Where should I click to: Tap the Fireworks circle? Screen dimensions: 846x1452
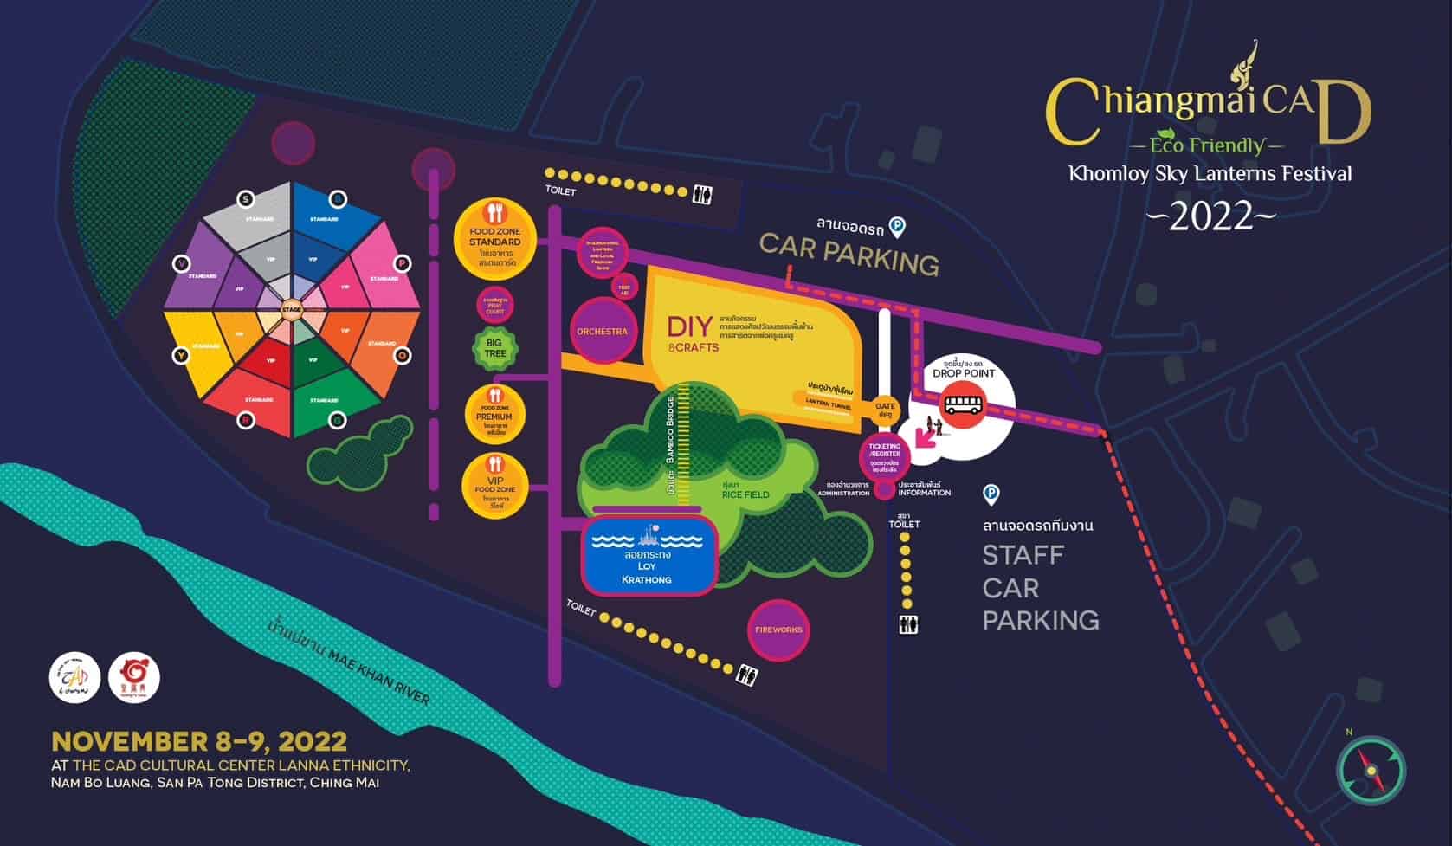(x=778, y=630)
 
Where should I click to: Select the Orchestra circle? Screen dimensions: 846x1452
(x=603, y=331)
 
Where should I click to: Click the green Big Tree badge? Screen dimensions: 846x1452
(x=494, y=348)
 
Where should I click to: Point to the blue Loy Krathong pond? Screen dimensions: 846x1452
(x=647, y=555)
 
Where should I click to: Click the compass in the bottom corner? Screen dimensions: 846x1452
(x=1371, y=770)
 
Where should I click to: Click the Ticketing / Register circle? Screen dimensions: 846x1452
(x=884, y=454)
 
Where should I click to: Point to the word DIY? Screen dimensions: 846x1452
(x=690, y=326)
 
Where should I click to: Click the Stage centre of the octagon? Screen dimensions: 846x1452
(x=292, y=307)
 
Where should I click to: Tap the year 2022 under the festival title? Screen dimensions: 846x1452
(x=1210, y=216)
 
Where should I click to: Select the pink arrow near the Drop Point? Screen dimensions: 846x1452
(x=926, y=437)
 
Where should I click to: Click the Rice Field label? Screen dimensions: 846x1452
(x=745, y=494)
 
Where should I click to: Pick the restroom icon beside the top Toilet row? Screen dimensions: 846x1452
(x=702, y=195)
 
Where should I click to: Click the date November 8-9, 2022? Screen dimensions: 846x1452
(x=199, y=741)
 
